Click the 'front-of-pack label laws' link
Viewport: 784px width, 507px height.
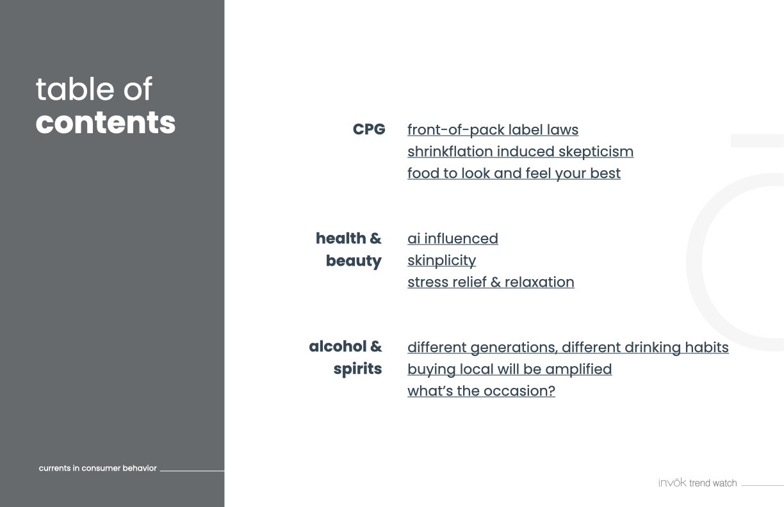point(493,130)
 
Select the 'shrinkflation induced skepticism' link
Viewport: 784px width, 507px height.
point(521,152)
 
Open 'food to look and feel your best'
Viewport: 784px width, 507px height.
point(514,173)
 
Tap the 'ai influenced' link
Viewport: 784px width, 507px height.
point(453,239)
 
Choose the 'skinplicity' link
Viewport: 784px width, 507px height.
point(442,261)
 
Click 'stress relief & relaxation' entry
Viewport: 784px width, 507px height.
point(491,282)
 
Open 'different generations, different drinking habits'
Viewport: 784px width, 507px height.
point(568,348)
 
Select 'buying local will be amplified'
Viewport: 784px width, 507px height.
point(510,369)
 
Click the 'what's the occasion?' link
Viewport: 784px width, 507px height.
point(481,391)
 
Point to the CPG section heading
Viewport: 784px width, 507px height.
point(369,129)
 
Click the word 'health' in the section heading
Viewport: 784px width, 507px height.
point(341,238)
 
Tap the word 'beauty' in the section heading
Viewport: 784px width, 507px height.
point(354,261)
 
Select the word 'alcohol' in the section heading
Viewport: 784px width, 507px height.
point(338,346)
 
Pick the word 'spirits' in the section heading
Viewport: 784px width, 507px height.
point(357,369)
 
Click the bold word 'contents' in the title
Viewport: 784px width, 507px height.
point(105,122)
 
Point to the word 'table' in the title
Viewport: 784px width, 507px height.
point(74,89)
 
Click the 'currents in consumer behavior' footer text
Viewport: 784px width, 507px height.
point(97,468)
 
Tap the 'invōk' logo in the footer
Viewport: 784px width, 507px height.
point(672,483)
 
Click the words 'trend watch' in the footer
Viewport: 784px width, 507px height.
point(713,483)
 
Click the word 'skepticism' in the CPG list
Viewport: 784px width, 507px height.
point(596,152)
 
